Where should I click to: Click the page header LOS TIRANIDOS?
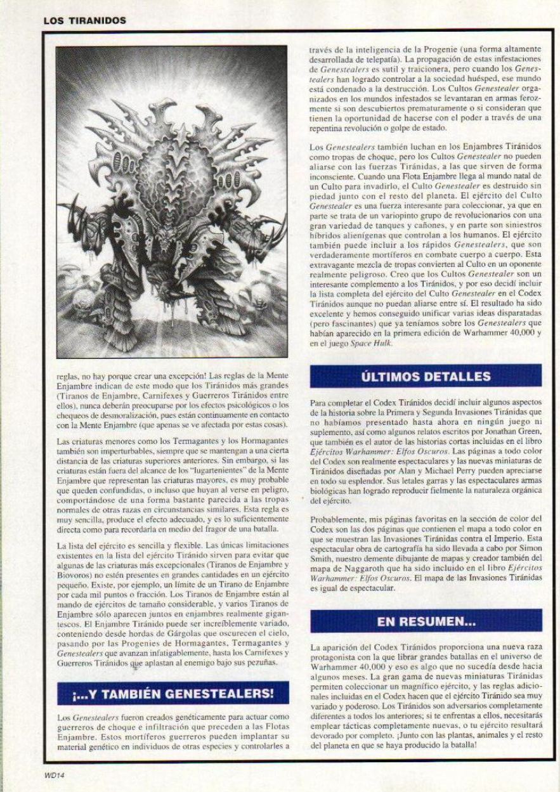click(x=85, y=20)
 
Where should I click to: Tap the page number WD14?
click(x=54, y=774)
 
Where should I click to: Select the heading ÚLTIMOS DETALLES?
click(x=426, y=376)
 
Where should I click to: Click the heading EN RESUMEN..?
click(x=426, y=622)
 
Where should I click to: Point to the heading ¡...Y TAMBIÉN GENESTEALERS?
click(x=172, y=693)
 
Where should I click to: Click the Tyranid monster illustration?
click(x=172, y=202)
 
